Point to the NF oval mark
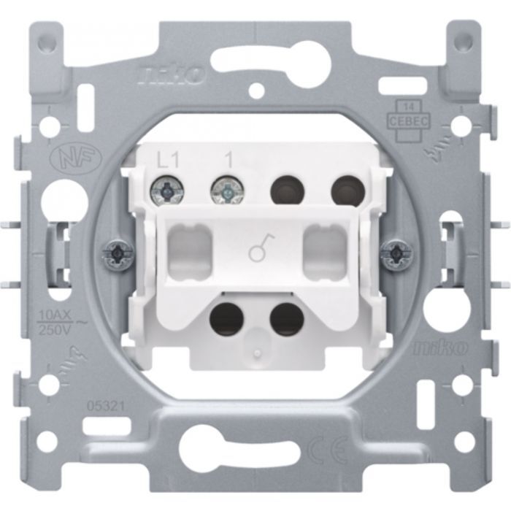(x=64, y=158)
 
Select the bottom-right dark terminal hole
(x=286, y=319)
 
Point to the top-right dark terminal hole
(x=346, y=191)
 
